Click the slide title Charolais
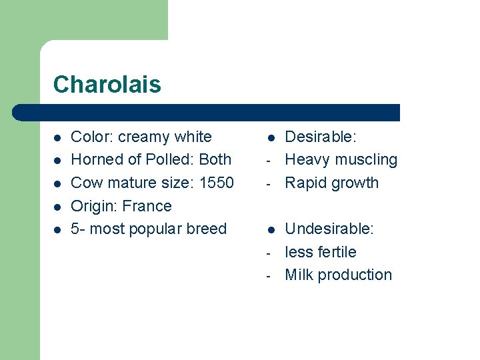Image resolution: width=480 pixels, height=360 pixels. click(107, 85)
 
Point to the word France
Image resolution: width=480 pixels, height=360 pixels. click(147, 206)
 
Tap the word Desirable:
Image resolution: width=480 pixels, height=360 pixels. click(321, 137)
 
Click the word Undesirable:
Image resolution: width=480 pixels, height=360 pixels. click(329, 229)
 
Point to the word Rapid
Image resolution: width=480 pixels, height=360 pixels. click(305, 183)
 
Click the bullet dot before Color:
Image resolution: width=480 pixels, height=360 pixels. click(57, 138)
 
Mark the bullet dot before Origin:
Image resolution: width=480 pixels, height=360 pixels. click(57, 207)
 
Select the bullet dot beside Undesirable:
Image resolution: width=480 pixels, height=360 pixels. click(271, 230)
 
